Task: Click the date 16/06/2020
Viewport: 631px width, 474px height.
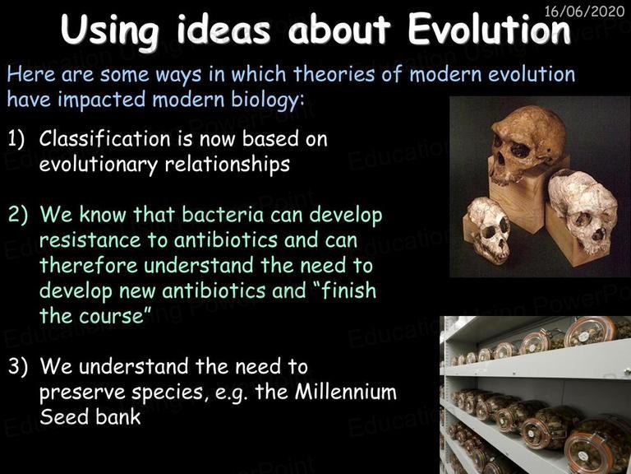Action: pos(584,11)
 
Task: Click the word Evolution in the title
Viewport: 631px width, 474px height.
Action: pos(490,30)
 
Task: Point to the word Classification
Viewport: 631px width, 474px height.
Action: pos(105,139)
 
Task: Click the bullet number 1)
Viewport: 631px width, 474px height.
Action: pos(16,139)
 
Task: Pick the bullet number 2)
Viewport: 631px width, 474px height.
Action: pos(18,215)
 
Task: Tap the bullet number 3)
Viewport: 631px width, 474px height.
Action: pos(18,366)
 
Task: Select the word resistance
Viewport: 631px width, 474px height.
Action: pos(90,240)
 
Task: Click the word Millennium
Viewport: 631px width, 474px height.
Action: pos(346,392)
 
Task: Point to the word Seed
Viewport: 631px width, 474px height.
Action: pos(63,417)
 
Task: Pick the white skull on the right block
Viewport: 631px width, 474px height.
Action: pos(583,211)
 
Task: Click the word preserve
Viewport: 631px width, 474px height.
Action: pos(82,393)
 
